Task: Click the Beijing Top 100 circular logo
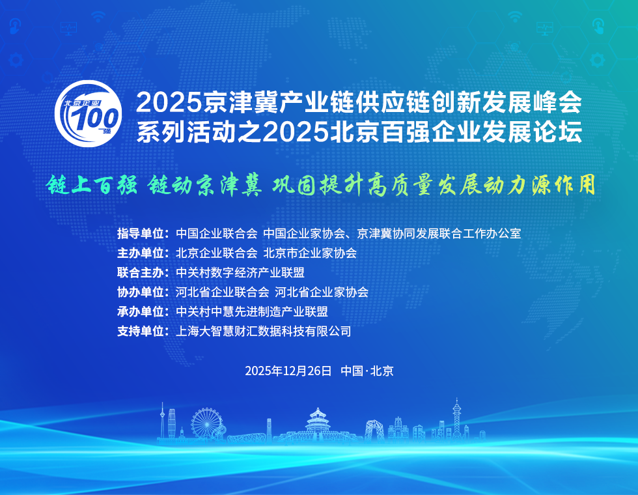coord(89,115)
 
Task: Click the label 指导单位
coord(143,233)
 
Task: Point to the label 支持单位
coord(143,331)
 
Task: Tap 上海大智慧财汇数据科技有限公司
coord(264,331)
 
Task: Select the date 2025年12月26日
coord(288,371)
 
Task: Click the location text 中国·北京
coord(367,371)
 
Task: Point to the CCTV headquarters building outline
coord(374,431)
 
